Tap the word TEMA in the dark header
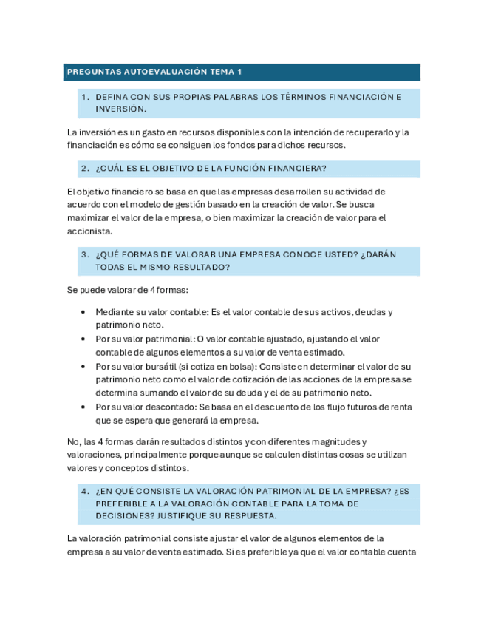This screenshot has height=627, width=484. (x=222, y=72)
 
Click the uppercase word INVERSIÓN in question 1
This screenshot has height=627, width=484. (x=120, y=109)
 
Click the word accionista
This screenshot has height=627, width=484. (x=89, y=231)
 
